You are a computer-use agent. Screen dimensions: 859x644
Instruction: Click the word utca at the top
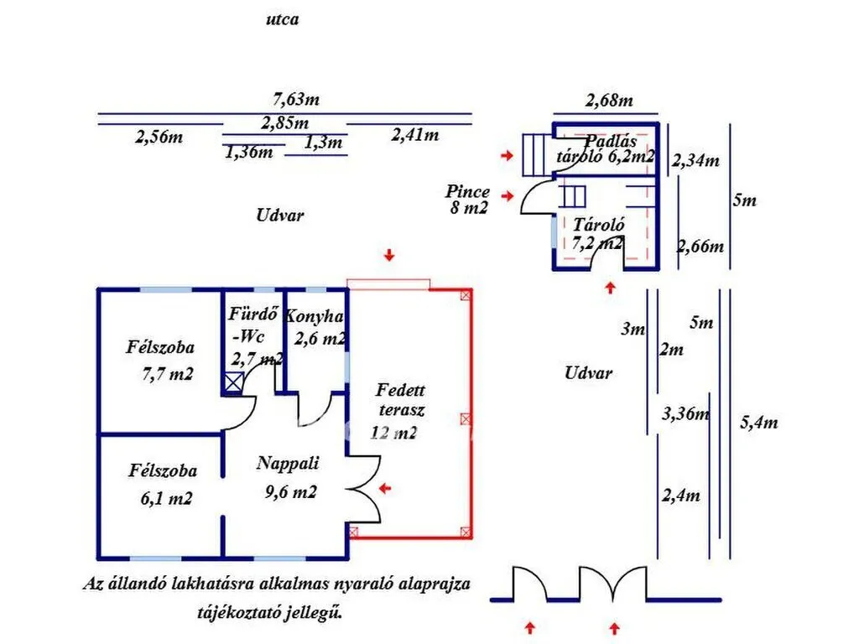pos(282,20)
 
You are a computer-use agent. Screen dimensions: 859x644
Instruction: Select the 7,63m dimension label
pos(296,99)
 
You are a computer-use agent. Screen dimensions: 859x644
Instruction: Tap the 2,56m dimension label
pos(159,137)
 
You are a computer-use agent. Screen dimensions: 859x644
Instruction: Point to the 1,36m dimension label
pos(248,152)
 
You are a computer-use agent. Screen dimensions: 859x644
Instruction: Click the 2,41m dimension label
pos(415,134)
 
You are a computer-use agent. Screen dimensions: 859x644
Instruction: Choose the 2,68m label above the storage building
pos(609,101)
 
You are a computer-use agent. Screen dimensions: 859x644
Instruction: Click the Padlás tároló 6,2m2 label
pos(606,149)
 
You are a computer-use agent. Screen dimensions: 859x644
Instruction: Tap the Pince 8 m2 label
pos(468,200)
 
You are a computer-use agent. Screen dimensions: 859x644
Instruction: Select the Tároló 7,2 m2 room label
pos(597,233)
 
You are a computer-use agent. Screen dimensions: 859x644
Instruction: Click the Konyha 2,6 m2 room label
pos(315,328)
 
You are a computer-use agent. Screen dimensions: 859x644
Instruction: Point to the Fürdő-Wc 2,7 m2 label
pos(255,336)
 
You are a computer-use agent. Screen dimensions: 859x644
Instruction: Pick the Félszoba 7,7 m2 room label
pos(160,361)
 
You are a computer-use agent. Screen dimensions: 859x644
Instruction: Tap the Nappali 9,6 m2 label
pos(289,477)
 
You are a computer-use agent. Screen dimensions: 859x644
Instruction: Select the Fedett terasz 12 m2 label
pos(398,412)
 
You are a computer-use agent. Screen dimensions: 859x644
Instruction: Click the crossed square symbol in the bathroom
pos(234,382)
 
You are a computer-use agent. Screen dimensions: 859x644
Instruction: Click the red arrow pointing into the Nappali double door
pos(386,488)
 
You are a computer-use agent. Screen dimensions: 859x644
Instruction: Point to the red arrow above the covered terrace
pos(389,255)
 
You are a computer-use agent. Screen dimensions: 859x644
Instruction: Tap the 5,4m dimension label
pos(758,423)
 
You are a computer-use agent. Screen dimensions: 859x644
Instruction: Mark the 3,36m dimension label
pos(686,413)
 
